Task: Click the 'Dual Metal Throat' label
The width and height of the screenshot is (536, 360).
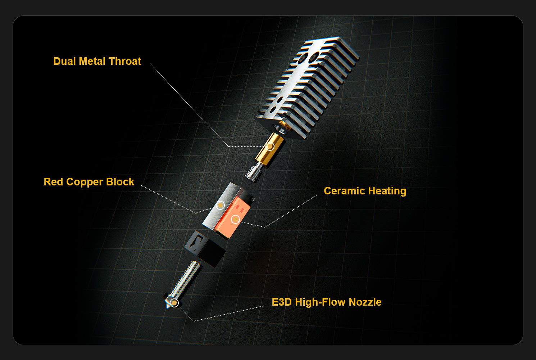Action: [97, 61]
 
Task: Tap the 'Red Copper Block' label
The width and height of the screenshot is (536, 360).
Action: [89, 182]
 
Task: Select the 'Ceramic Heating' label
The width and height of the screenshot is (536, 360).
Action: [365, 191]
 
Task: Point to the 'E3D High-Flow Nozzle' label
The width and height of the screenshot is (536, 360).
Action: [327, 302]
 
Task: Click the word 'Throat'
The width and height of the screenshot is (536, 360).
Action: [125, 61]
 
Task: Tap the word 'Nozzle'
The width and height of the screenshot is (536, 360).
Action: [365, 302]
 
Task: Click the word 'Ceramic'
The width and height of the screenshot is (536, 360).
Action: [344, 191]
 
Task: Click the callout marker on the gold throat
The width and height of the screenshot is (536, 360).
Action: [270, 146]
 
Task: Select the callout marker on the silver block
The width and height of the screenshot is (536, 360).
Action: [220, 205]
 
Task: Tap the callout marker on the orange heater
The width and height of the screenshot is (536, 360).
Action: [236, 219]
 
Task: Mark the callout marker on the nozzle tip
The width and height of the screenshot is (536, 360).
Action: [174, 303]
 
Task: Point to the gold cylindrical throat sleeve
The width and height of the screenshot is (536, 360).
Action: [270, 150]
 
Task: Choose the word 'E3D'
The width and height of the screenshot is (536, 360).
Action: [282, 302]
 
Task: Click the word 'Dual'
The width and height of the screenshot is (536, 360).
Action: [65, 61]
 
